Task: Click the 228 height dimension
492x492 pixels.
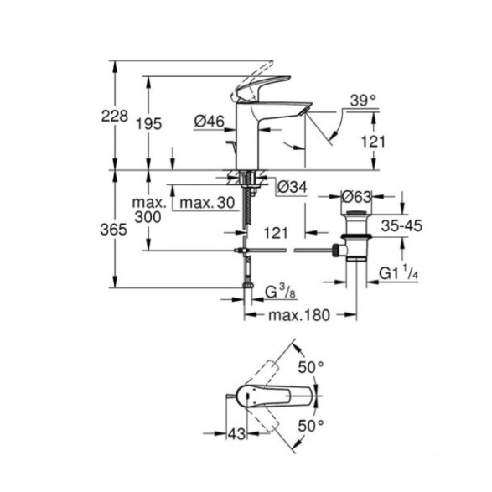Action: point(115,117)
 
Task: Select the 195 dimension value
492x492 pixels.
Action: point(148,123)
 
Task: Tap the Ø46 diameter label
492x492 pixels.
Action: point(209,122)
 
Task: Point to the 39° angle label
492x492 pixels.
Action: point(363,101)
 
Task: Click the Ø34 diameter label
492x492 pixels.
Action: point(293,187)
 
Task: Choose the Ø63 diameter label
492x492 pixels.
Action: point(356,197)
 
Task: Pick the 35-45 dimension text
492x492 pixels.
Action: point(401,225)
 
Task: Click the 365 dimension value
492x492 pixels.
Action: point(114,230)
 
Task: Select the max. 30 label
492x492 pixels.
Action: point(207,203)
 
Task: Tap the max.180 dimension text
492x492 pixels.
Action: point(299,315)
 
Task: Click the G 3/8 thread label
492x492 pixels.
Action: point(280,292)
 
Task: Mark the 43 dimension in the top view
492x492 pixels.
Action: point(236,434)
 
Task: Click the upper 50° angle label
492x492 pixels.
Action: point(311,367)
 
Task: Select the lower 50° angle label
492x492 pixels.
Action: point(311,426)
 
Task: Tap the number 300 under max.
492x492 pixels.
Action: point(148,216)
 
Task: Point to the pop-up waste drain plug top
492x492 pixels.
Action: point(356,214)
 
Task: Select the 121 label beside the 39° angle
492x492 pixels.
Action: point(373,141)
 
